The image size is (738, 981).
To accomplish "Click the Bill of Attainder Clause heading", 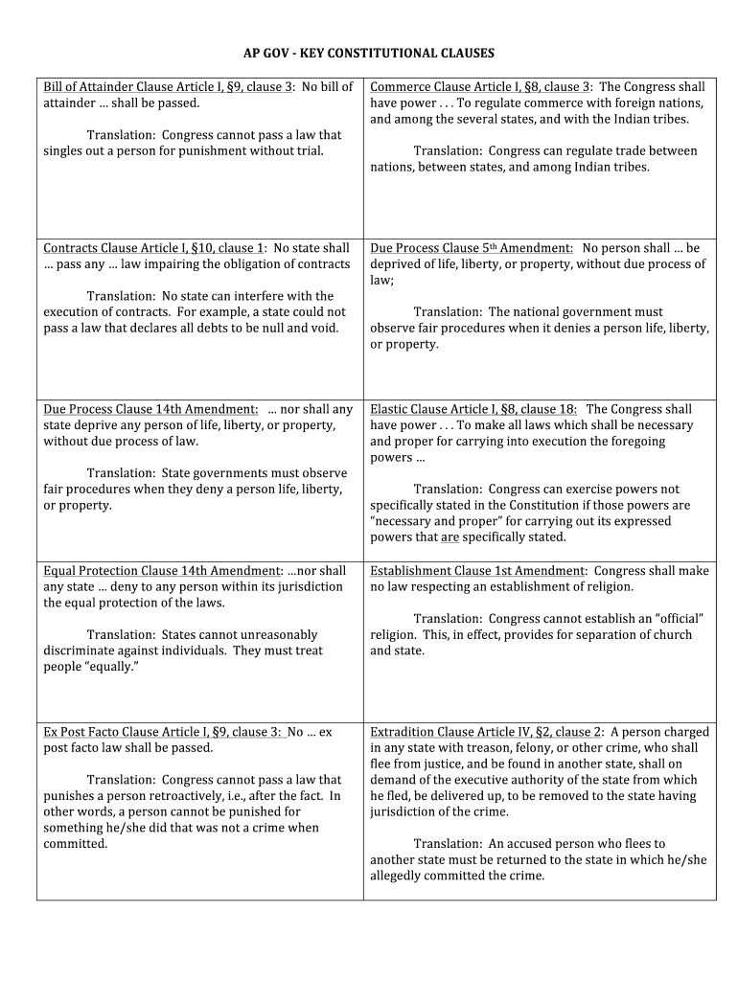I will point(169,87).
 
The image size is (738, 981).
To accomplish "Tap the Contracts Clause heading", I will point(153,248).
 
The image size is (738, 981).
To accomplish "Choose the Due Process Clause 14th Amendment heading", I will point(150,409).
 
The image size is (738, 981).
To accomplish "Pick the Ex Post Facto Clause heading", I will point(163,732).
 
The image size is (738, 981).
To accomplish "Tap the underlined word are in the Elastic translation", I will point(450,537).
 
